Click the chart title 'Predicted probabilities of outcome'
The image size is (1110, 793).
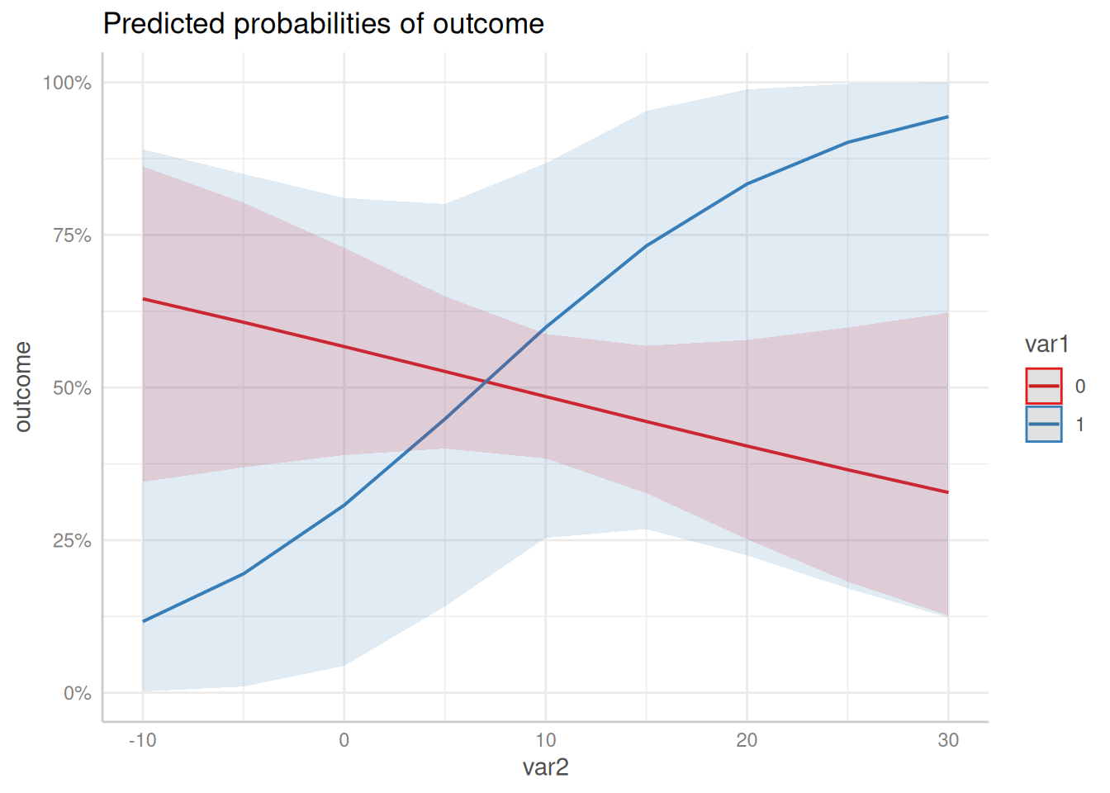point(323,24)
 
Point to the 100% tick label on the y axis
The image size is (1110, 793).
point(67,83)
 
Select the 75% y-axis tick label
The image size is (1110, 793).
point(72,235)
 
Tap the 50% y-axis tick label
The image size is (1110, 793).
point(72,388)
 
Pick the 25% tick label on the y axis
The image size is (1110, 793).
point(72,541)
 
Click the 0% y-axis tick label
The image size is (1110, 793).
point(77,694)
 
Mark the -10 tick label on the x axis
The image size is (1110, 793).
point(143,740)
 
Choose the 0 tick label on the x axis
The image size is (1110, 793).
point(344,740)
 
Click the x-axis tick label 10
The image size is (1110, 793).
point(545,740)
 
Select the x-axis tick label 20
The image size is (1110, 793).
point(747,740)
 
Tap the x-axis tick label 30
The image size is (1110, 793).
point(948,740)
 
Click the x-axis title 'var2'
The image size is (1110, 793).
point(545,768)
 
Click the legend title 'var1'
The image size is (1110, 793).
point(1046,344)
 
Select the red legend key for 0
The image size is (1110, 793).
point(1044,386)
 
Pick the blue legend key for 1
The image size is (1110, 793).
point(1044,424)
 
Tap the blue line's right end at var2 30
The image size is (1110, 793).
point(947,117)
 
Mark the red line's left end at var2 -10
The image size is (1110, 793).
point(144,299)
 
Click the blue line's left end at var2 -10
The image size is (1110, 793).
point(144,621)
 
